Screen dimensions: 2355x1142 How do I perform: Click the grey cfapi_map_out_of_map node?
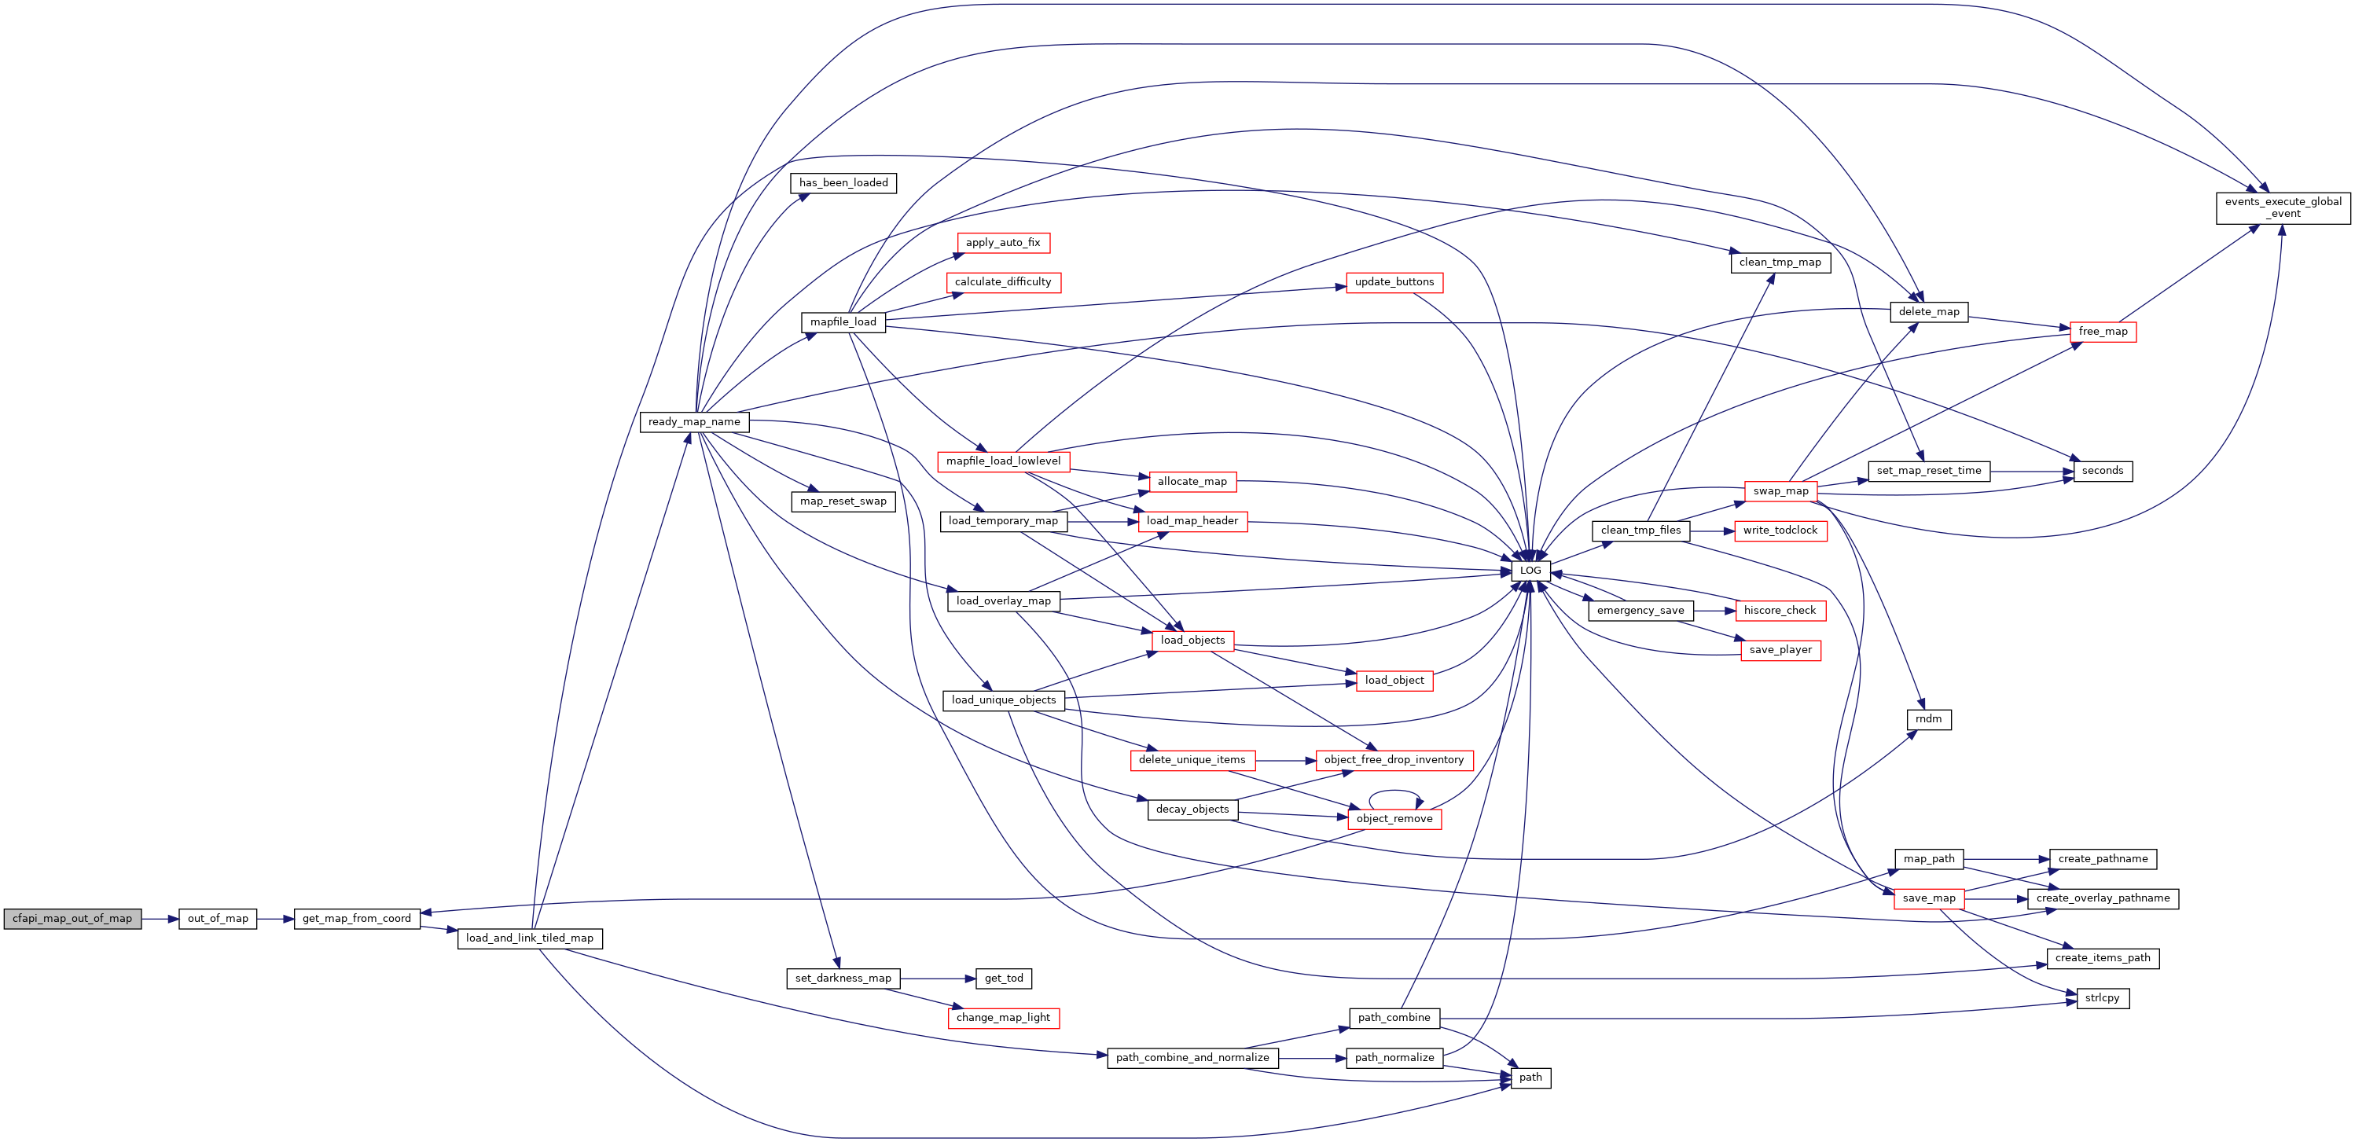coord(72,919)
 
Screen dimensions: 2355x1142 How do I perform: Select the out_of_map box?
coord(218,919)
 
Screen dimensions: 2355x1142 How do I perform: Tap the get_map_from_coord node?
coord(357,919)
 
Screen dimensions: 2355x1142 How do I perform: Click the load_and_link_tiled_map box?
coord(529,938)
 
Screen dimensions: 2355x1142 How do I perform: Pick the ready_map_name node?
coord(695,422)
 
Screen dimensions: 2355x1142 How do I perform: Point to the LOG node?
coord(1530,571)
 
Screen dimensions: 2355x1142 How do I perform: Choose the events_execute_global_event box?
coord(2283,207)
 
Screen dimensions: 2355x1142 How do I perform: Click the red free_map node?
coord(2103,332)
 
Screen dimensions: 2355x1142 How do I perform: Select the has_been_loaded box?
coord(843,183)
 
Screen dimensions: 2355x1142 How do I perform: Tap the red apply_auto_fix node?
coord(1003,243)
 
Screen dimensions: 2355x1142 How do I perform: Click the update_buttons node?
coord(1394,282)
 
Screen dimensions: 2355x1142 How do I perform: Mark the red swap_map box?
coord(1780,491)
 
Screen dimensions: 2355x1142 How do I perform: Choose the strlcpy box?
coord(2103,998)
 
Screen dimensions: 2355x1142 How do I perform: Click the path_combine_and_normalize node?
coord(1192,1058)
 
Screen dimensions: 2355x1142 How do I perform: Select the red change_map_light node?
coord(1003,1018)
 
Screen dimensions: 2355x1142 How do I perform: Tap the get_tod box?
coord(1004,979)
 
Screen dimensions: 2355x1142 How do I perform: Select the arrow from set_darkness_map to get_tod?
coord(938,979)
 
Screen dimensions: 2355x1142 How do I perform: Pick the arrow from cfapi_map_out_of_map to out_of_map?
coord(160,919)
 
